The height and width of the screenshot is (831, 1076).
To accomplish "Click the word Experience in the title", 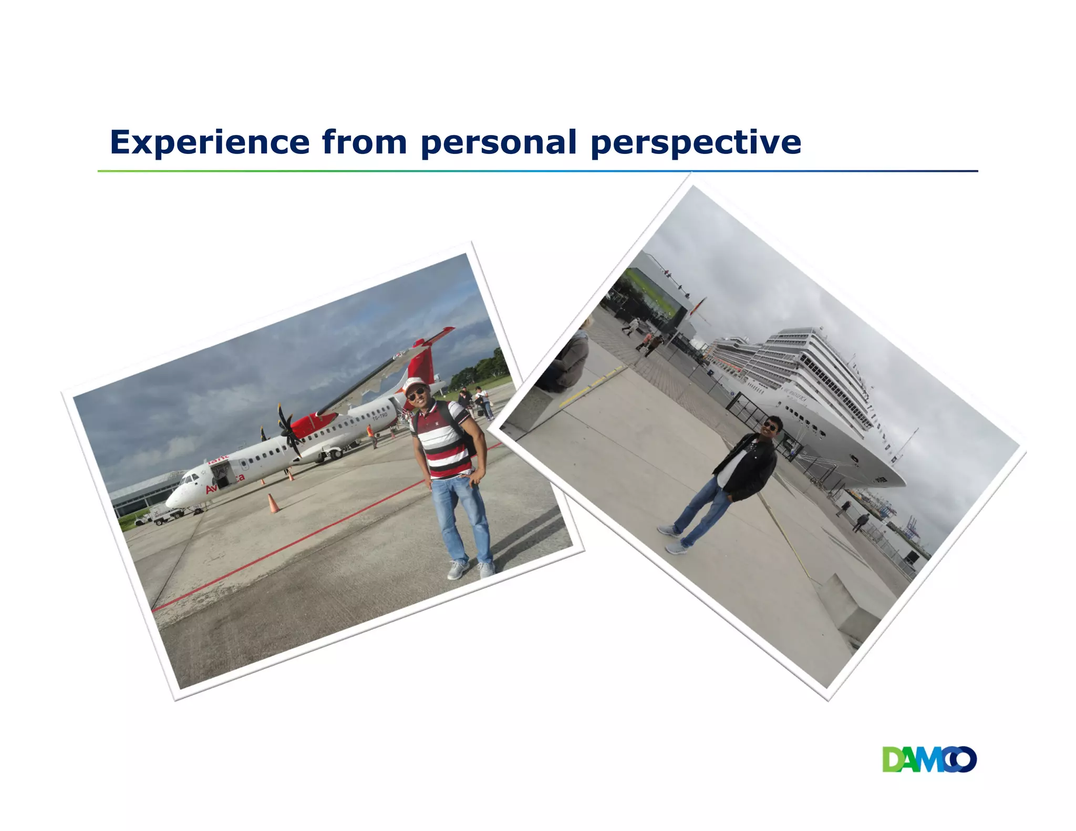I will coord(210,142).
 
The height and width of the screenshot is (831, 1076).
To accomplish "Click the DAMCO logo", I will coord(929,760).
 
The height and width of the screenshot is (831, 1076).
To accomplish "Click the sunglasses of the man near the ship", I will coord(770,425).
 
